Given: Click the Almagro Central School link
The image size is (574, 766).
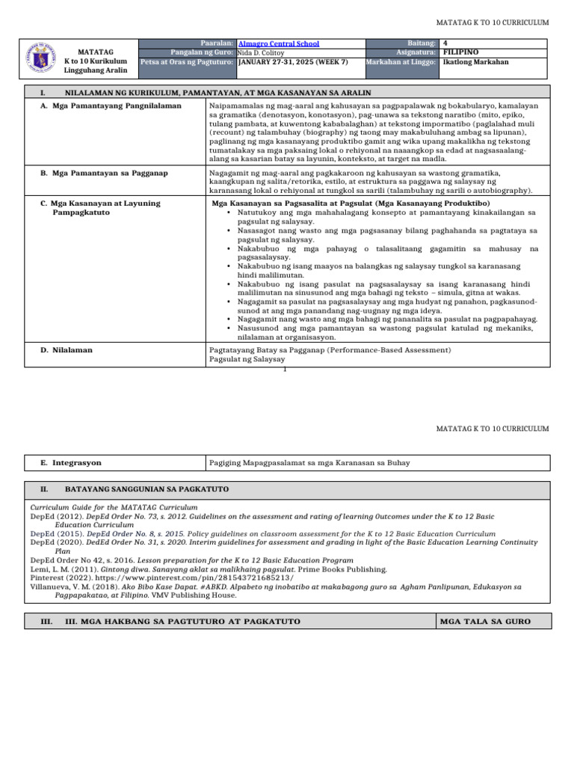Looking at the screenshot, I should point(278,44).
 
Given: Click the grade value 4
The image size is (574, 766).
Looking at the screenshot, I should point(445,44).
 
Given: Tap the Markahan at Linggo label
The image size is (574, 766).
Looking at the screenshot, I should point(401,62).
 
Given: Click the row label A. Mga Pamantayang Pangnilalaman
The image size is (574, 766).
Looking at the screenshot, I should point(100,108).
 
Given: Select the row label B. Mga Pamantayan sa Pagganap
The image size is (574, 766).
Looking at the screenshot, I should point(104,173).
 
